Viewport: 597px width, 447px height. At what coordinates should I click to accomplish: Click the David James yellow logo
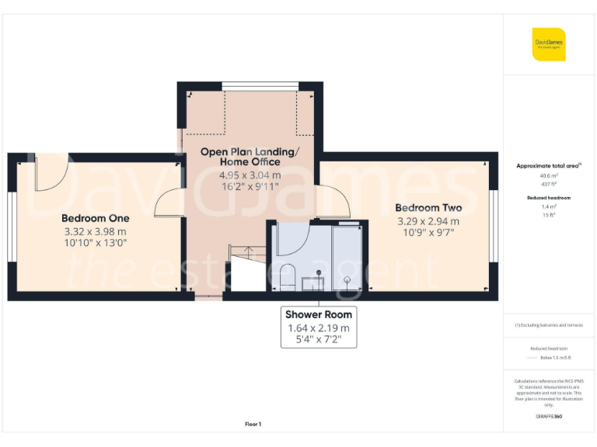pos(549,44)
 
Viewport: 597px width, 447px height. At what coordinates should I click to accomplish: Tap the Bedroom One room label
pos(96,218)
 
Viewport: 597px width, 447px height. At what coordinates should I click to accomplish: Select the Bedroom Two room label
pos(428,208)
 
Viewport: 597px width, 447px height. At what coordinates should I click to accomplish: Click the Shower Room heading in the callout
pos(318,314)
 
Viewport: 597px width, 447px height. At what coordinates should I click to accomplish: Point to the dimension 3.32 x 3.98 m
pos(95,231)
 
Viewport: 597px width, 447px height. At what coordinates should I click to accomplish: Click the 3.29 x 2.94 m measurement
pos(428,220)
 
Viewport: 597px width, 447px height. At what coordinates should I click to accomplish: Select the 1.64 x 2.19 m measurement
pos(318,328)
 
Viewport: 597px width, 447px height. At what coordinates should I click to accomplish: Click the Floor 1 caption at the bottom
pos(253,424)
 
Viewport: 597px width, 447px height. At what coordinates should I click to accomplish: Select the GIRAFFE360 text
pos(549,417)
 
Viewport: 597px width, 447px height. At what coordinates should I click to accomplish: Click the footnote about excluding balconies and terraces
pos(549,325)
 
